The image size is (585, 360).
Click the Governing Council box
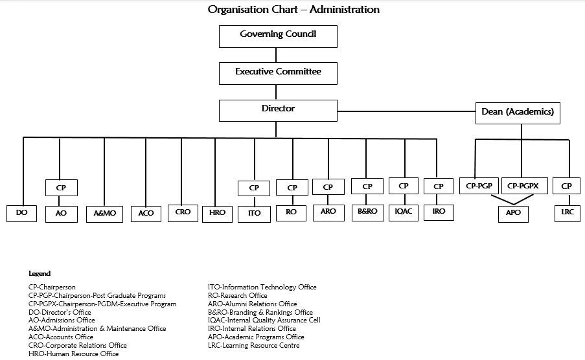pyautogui.click(x=278, y=36)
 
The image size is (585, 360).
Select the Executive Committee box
pyautogui.click(x=278, y=73)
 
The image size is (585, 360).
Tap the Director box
pyautogui.click(x=278, y=110)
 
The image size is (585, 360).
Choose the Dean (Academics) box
pyautogui.click(x=518, y=113)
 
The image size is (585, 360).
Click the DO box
pyautogui.click(x=22, y=213)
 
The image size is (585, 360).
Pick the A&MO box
pyautogui.click(x=104, y=213)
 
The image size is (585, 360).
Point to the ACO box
pyautogui.click(x=146, y=213)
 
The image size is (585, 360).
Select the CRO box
pyautogui.click(x=183, y=212)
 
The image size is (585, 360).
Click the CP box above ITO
pyautogui.click(x=254, y=188)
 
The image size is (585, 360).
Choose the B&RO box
pyautogui.click(x=367, y=212)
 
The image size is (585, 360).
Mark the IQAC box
pyautogui.click(x=404, y=212)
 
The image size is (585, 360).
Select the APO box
pyautogui.click(x=513, y=212)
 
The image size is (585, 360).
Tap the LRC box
pyautogui.click(x=567, y=212)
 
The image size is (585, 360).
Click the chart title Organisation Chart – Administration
pyautogui.click(x=293, y=10)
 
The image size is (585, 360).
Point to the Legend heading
pyautogui.click(x=40, y=274)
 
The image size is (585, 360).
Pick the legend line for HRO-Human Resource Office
pyautogui.click(x=74, y=354)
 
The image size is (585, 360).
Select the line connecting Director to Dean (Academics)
pyautogui.click(x=406, y=111)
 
